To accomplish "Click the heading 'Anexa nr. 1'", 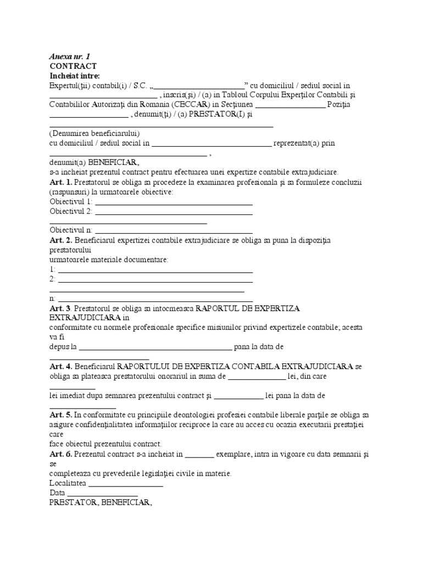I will pyautogui.click(x=69, y=57).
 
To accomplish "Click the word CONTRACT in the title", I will pyautogui.click(x=73, y=66).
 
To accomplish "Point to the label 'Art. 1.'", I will pyautogui.click(x=60, y=182).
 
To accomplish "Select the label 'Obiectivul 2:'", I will pyautogui.click(x=71, y=211).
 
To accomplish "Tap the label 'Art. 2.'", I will pyautogui.click(x=60, y=240).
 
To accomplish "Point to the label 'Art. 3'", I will pyautogui.click(x=60, y=308).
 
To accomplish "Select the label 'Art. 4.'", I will pyautogui.click(x=60, y=366).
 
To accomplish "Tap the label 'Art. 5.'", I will pyautogui.click(x=60, y=414).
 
